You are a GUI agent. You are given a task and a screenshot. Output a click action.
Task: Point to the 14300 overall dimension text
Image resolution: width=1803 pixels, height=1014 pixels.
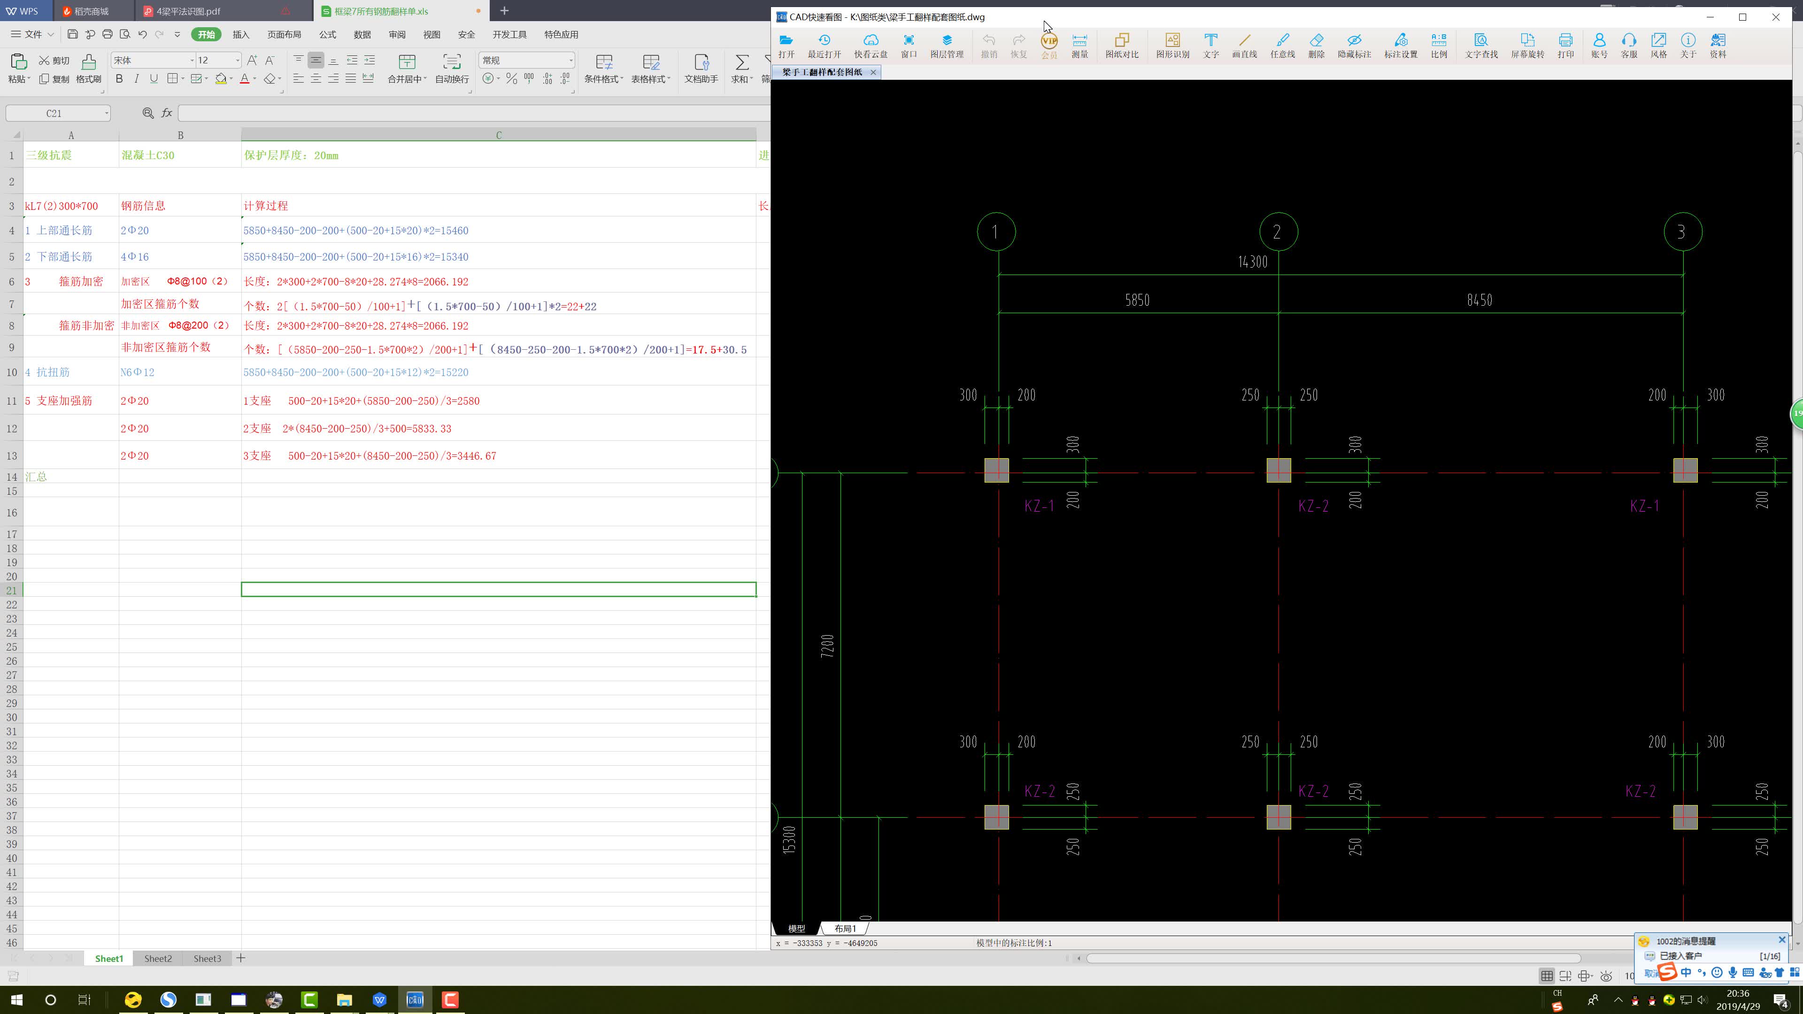pos(1252,262)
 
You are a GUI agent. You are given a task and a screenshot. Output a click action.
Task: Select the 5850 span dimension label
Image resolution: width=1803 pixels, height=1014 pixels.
pos(1137,300)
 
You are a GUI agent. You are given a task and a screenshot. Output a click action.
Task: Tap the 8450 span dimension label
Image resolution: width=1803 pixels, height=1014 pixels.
pos(1479,300)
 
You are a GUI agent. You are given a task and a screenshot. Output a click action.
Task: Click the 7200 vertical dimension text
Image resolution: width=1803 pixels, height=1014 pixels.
pos(827,645)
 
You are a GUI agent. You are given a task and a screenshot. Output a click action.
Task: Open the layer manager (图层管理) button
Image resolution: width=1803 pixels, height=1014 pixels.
pos(946,46)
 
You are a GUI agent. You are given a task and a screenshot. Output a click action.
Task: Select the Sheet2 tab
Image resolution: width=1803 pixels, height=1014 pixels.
pos(157,958)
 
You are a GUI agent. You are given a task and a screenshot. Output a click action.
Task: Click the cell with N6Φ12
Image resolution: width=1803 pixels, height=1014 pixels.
pos(180,372)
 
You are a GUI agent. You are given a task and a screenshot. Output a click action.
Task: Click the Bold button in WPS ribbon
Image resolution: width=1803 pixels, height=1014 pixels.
pos(119,79)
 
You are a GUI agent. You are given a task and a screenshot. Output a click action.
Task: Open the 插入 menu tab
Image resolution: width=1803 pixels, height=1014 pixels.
pos(241,34)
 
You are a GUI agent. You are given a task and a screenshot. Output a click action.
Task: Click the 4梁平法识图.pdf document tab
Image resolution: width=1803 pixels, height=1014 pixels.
pos(188,11)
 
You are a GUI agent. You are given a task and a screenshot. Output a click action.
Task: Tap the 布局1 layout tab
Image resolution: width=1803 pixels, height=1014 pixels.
pos(845,929)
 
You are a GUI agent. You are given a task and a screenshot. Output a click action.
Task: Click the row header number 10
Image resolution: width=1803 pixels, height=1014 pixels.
pos(11,372)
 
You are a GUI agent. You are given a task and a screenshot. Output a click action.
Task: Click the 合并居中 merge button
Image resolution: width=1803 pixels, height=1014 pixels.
pos(407,69)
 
